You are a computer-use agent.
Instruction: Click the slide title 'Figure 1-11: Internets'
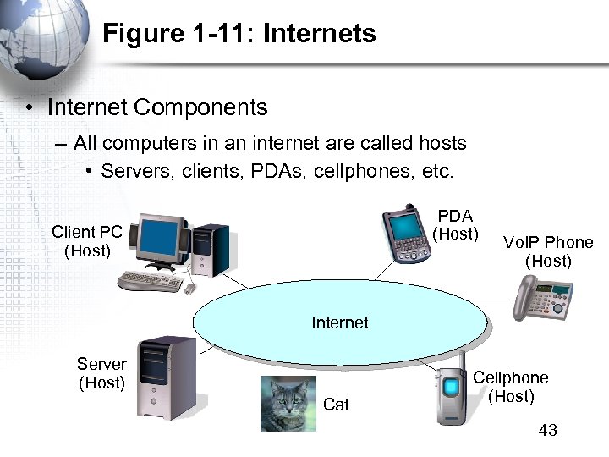239,34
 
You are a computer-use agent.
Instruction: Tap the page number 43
547,431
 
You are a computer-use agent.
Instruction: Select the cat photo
288,404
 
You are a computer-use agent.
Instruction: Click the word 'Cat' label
336,405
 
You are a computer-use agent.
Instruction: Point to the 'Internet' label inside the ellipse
340,322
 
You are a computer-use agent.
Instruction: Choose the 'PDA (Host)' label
455,224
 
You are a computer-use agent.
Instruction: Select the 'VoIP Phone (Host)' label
548,252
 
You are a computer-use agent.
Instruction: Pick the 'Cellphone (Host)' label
510,387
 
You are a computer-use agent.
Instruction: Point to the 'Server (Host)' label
101,373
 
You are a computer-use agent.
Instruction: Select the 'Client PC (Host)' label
87,240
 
